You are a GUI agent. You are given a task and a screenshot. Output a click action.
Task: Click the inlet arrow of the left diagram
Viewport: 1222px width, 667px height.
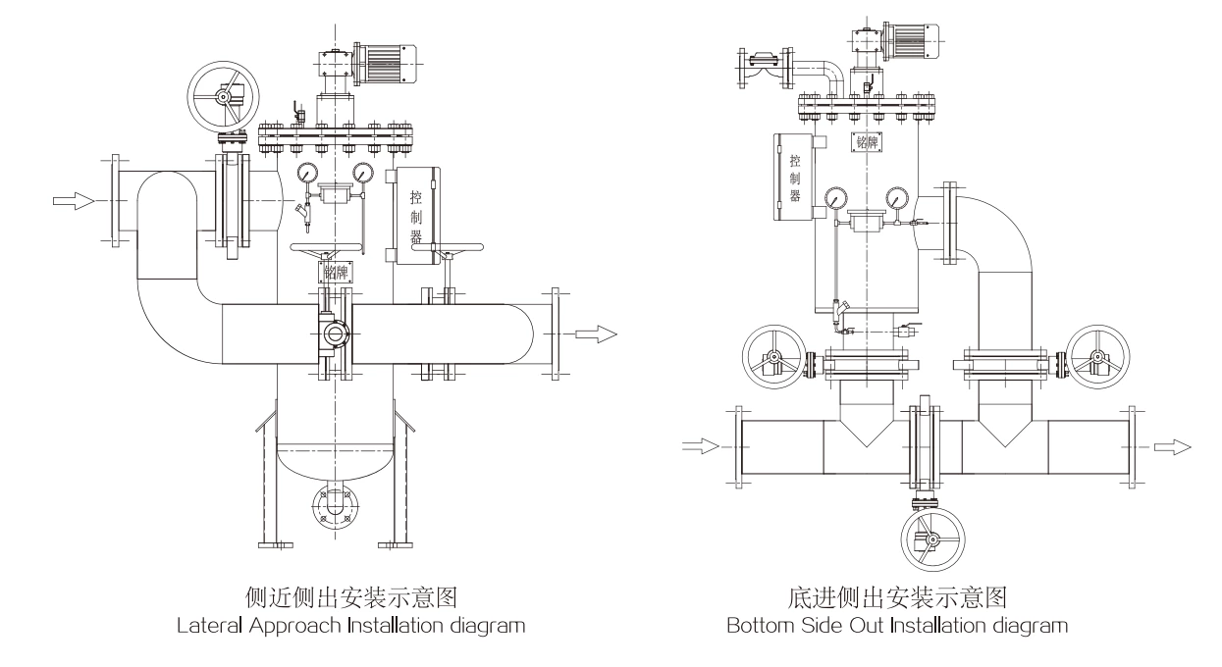pyautogui.click(x=74, y=200)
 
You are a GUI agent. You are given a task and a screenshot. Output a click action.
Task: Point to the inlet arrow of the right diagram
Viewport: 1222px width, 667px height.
pyautogui.click(x=701, y=446)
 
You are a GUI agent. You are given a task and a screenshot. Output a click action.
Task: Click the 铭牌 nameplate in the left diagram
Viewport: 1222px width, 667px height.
pyautogui.click(x=334, y=272)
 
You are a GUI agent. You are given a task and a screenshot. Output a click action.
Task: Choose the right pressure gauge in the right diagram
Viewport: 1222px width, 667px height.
pyautogui.click(x=895, y=199)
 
